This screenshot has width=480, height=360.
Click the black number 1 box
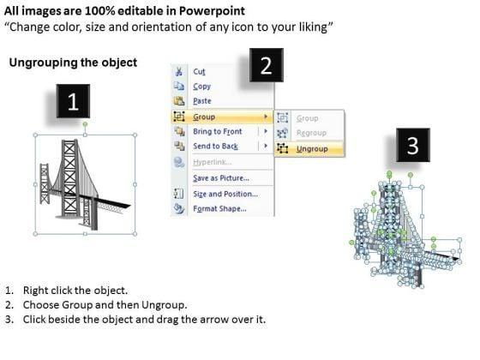point(73,101)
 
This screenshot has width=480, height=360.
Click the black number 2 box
point(267,65)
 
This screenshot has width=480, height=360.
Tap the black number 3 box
point(413,145)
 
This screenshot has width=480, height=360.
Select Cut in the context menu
point(199,72)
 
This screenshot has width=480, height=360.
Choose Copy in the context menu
point(202,87)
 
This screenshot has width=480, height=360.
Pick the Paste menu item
point(202,101)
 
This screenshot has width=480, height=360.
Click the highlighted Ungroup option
point(312,149)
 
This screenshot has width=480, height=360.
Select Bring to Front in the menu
point(218,131)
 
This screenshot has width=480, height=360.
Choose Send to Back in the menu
point(215,146)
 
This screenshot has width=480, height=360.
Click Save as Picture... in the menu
point(221,178)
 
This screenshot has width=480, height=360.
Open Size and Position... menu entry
point(225,194)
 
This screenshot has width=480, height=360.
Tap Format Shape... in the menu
point(219,208)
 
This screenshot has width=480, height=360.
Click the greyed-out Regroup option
point(311,133)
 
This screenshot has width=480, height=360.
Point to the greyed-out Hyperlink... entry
point(213,162)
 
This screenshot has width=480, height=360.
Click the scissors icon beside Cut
point(179,72)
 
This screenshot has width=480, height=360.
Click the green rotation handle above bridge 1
point(85,124)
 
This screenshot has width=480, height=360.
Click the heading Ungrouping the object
point(73,63)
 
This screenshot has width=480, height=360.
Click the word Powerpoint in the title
point(212,10)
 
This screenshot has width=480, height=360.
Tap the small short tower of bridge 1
point(45,183)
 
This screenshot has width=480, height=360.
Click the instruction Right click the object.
point(75,291)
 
